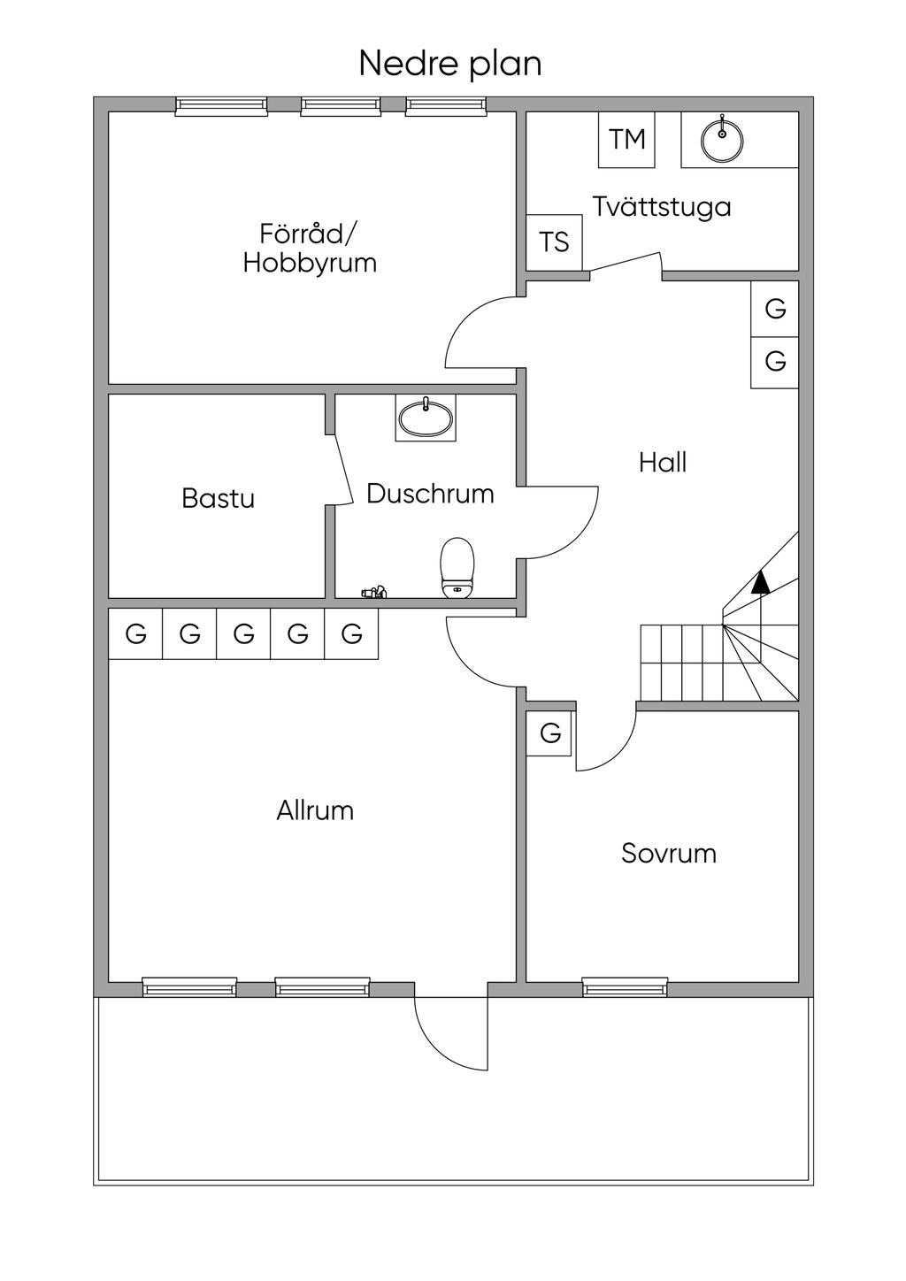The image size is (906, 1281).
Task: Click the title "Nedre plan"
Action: (x=449, y=65)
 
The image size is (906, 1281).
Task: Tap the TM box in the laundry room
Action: (x=626, y=140)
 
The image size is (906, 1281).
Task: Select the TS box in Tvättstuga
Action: (x=555, y=242)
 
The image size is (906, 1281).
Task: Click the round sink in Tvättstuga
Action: (x=722, y=140)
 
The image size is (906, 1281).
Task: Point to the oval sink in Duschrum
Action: (x=426, y=417)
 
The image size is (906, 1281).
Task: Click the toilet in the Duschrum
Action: (x=457, y=567)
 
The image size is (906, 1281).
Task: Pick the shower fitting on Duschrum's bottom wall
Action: (x=372, y=592)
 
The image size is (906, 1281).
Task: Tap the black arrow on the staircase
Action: (x=759, y=581)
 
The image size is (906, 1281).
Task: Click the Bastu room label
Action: (x=218, y=498)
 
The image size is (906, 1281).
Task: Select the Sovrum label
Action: (x=668, y=854)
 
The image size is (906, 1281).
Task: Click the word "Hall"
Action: (x=662, y=463)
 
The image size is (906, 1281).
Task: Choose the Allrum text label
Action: (x=314, y=810)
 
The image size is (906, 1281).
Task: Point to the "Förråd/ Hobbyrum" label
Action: (x=310, y=249)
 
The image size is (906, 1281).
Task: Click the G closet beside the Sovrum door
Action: (x=550, y=733)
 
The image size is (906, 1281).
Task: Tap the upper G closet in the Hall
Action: (x=775, y=309)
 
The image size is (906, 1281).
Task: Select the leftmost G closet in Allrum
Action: (x=135, y=633)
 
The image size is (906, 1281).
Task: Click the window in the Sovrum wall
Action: (x=625, y=987)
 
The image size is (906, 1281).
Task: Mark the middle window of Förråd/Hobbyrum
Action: (x=342, y=106)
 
